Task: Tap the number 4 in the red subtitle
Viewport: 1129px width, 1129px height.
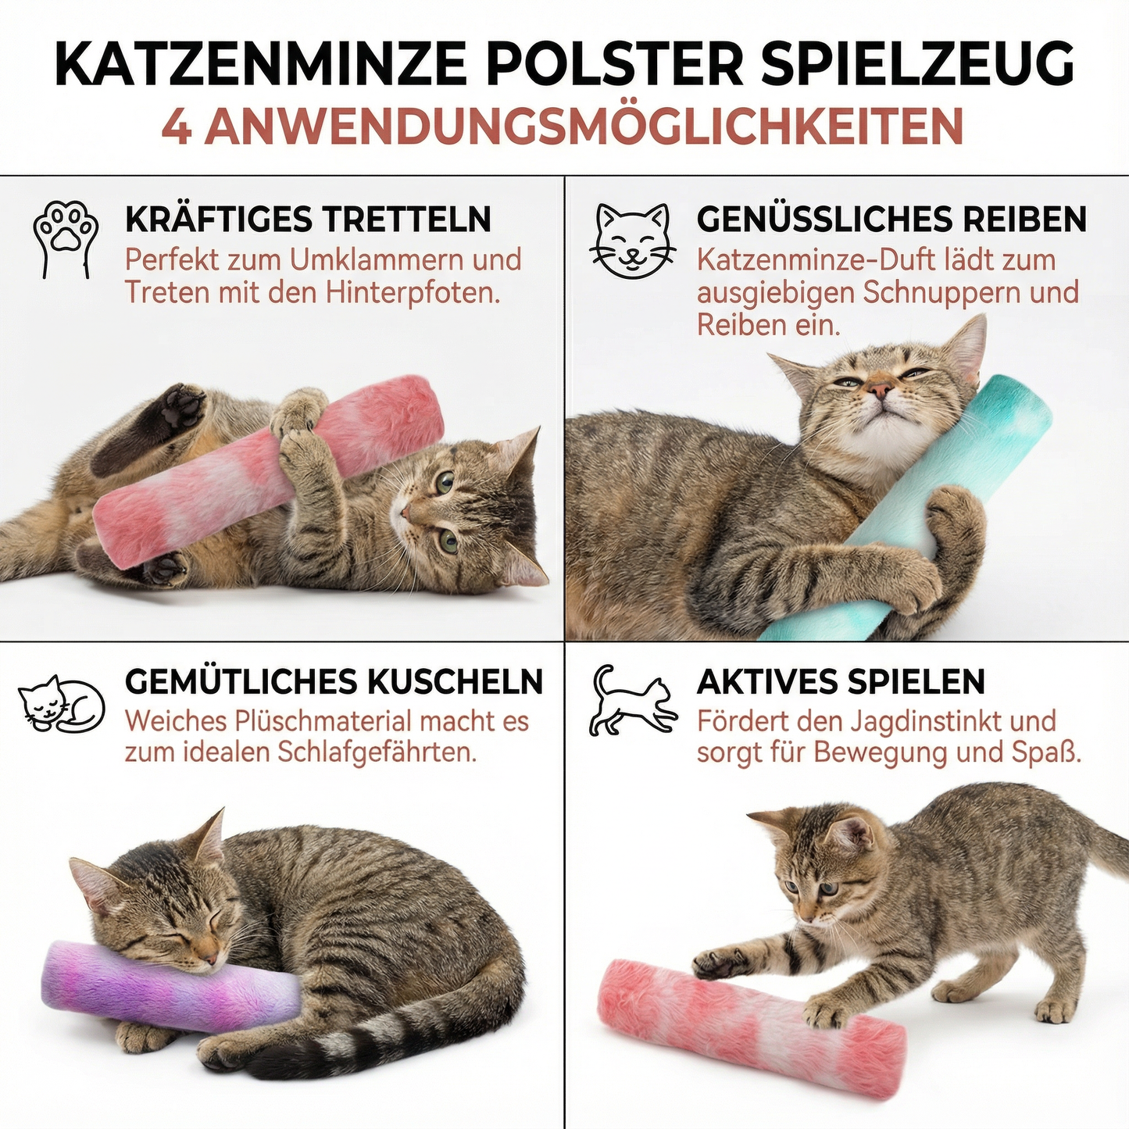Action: tap(177, 127)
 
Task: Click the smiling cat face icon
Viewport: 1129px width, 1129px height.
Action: tap(632, 241)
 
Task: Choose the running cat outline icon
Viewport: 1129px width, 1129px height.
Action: tap(632, 699)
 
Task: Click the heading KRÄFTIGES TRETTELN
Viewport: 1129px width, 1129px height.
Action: tap(308, 220)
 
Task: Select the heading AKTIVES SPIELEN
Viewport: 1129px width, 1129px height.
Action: tap(840, 681)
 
